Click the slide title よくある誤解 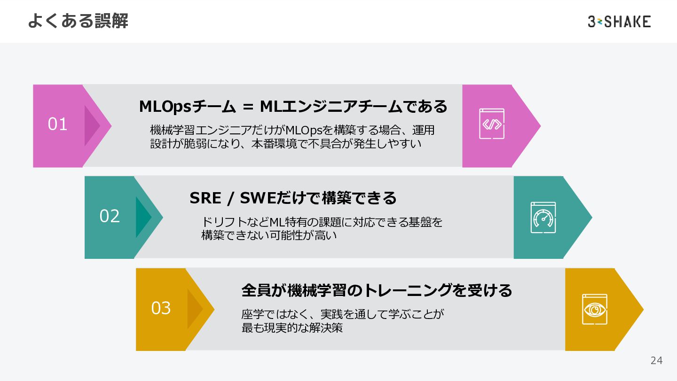(x=78, y=21)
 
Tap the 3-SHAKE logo (x=619, y=22)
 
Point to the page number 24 (x=656, y=361)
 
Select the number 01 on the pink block (x=58, y=124)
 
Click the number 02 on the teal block (x=110, y=216)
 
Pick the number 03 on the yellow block (x=161, y=308)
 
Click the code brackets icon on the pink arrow (x=491, y=124)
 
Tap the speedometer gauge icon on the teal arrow (x=543, y=218)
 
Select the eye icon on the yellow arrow (x=594, y=309)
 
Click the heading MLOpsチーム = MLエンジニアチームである (x=293, y=107)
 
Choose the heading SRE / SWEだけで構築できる (x=293, y=198)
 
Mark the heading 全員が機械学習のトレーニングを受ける (x=377, y=290)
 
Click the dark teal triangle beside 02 (x=142, y=217)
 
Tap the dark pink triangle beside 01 (x=91, y=125)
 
